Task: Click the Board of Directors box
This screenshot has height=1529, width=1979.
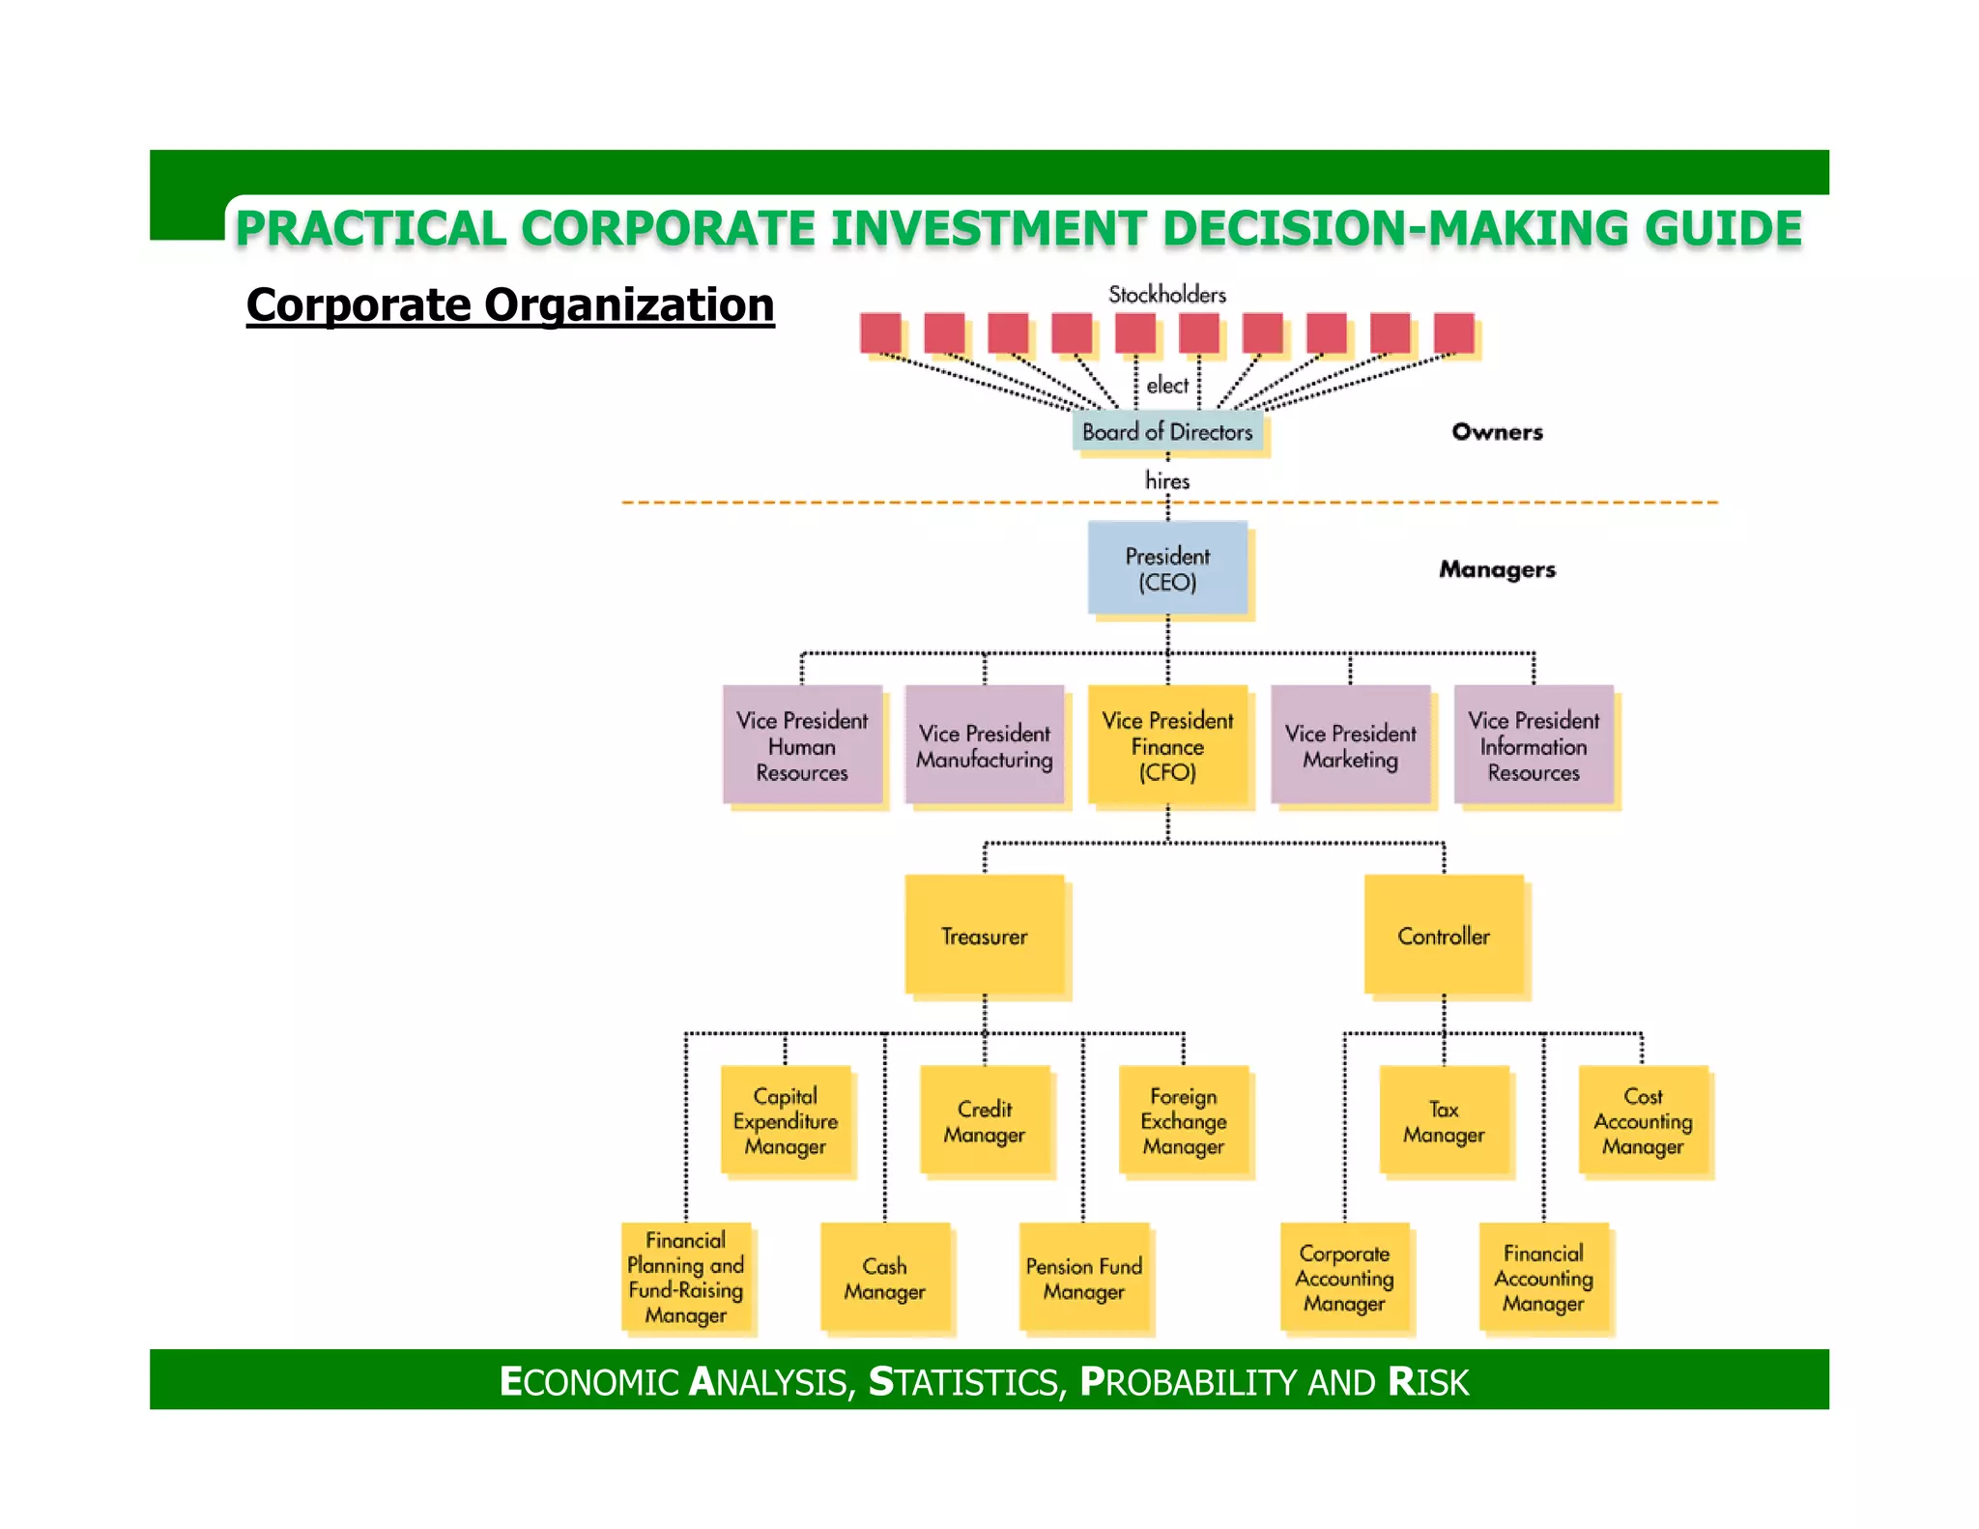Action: (x=1167, y=431)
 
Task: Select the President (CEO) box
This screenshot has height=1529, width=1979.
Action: (x=1167, y=568)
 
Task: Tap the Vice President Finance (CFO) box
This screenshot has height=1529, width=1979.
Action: (x=1167, y=745)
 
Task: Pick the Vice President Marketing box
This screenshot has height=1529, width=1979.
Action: (x=1350, y=745)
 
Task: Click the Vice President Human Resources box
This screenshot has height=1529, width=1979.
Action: (x=802, y=745)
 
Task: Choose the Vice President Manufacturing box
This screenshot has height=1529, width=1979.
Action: (x=985, y=745)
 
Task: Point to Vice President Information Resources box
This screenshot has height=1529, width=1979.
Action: (x=1534, y=745)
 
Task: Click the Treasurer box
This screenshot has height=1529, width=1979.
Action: (x=985, y=935)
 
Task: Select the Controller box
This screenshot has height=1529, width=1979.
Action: (x=1444, y=935)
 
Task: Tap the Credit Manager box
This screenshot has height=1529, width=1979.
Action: (x=985, y=1120)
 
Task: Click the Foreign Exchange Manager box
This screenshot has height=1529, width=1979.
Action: (x=1184, y=1120)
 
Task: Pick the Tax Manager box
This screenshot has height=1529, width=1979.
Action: (x=1444, y=1120)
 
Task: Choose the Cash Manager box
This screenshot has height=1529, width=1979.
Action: (x=884, y=1278)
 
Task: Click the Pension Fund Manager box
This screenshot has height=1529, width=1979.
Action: (x=1084, y=1278)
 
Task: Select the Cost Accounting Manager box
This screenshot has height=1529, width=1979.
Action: (x=1643, y=1120)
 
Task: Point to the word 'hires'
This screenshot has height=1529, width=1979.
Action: (x=1167, y=480)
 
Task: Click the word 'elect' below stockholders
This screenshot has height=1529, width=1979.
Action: (x=1167, y=386)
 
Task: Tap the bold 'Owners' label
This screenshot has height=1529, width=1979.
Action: (x=1497, y=432)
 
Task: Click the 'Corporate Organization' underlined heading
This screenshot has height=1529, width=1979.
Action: (x=510, y=305)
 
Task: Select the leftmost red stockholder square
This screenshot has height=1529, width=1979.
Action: (x=880, y=332)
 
